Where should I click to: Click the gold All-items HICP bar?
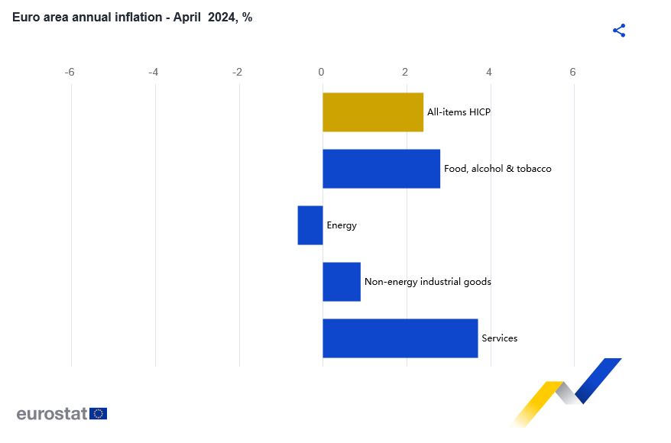373,112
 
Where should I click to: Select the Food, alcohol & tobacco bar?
381,169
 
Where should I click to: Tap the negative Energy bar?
310,225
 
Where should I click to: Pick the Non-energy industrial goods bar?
342,282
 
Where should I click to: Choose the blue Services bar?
400,338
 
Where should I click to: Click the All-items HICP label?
459,112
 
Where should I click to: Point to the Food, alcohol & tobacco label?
498,169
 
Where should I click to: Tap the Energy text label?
342,225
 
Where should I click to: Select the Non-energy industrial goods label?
427,282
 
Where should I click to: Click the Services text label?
499,338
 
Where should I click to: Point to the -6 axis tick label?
70,73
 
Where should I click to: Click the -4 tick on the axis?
153,73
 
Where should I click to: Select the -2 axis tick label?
237,73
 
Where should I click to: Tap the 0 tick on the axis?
321,73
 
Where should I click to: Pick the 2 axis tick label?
405,73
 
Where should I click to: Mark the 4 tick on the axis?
489,73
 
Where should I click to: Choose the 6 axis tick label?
572,73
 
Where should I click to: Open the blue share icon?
619,31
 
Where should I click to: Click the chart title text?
132,18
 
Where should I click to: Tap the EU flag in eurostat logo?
98,413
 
